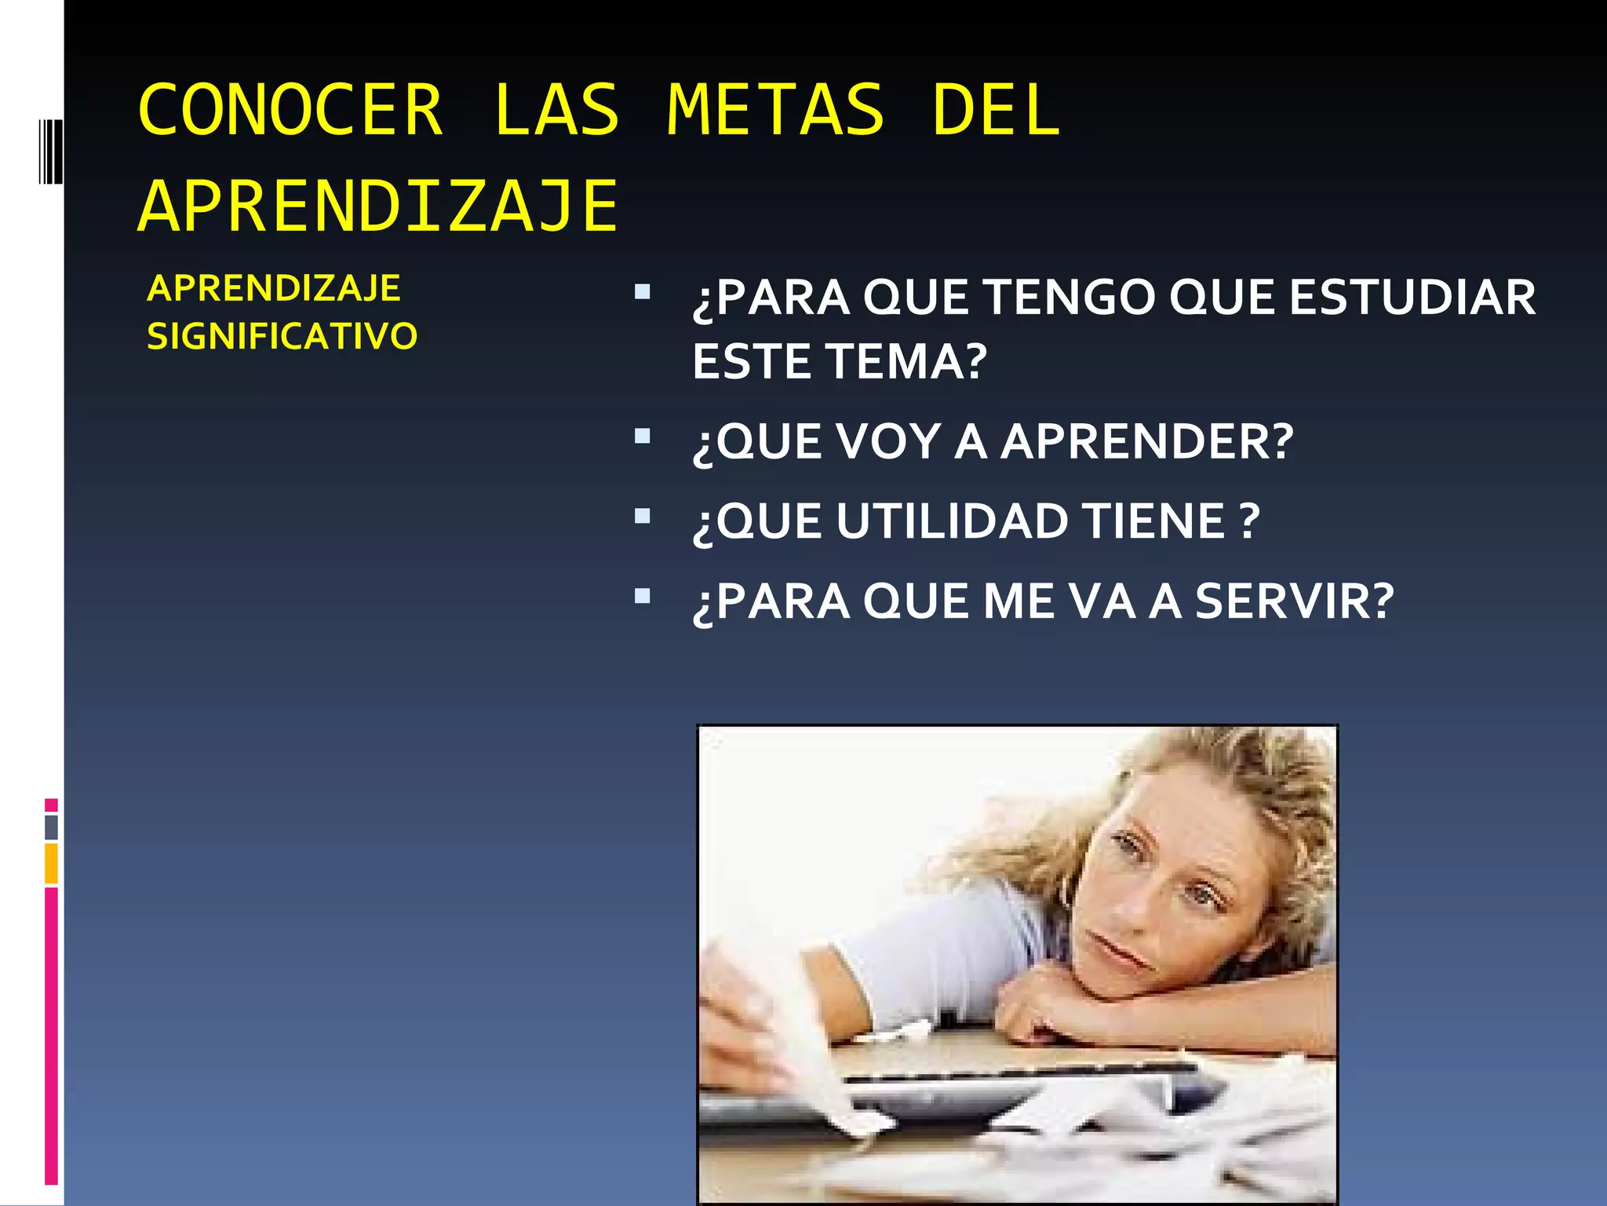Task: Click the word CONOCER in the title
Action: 290,111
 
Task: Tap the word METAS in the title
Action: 775,111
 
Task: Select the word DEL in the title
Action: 996,111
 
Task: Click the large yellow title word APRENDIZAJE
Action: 378,206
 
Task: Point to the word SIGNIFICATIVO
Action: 282,336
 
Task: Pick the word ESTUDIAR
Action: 1412,298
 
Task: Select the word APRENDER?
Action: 1146,441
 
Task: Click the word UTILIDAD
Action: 952,521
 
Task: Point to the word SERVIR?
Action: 1295,601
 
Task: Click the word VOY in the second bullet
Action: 888,441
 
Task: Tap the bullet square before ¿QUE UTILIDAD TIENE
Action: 643,516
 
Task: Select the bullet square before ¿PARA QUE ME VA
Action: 643,596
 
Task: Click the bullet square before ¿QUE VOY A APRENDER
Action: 643,436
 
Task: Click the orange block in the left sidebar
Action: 51,864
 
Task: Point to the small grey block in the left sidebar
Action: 51,828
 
